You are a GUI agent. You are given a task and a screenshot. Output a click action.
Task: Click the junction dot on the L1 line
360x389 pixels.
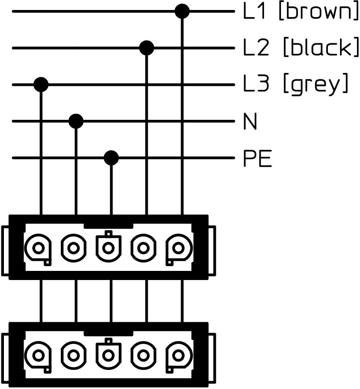[182, 11]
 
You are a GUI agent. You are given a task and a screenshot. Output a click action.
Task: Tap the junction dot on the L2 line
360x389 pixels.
[147, 48]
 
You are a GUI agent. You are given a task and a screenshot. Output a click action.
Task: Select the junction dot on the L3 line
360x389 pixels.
[41, 84]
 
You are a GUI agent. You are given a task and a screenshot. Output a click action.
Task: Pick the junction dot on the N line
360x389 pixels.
[76, 121]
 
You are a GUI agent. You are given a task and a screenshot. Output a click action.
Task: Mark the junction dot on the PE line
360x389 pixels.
[112, 158]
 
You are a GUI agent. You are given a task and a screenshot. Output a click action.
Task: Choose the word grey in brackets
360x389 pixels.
[315, 85]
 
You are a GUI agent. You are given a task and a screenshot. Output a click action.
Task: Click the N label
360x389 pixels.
[250, 122]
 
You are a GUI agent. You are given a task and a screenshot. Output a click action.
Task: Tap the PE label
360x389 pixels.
[257, 159]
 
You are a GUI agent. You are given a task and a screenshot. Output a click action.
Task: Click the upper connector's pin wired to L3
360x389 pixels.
[39, 248]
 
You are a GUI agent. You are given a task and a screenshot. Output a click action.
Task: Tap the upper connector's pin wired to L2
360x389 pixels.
[143, 248]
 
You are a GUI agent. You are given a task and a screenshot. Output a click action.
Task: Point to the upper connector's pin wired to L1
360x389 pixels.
[178, 248]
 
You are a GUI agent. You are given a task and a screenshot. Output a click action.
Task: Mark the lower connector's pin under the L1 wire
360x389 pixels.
[178, 355]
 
